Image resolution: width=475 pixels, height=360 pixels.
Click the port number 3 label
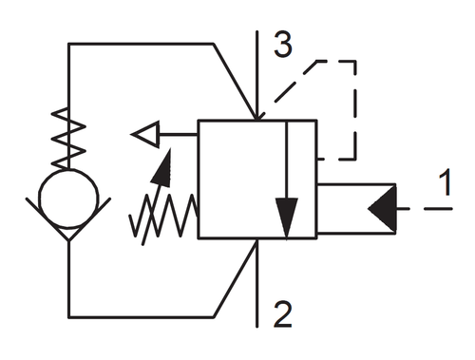(x=283, y=44)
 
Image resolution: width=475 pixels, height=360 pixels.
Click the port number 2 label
(x=283, y=313)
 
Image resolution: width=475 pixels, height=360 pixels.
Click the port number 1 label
(x=446, y=182)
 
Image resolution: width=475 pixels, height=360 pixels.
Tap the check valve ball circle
(x=68, y=199)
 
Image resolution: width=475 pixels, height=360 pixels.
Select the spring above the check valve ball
(x=68, y=139)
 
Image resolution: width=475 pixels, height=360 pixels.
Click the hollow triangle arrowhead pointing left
(x=145, y=134)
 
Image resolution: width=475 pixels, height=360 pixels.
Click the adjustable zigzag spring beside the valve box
(x=163, y=216)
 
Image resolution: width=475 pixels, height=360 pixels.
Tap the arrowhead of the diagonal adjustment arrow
(x=162, y=168)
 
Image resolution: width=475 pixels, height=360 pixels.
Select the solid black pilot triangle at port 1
(x=382, y=209)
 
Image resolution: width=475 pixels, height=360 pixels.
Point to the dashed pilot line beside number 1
(x=425, y=209)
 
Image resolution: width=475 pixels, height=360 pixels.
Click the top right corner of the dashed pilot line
(x=355, y=61)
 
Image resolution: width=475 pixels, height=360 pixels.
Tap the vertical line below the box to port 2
(x=256, y=283)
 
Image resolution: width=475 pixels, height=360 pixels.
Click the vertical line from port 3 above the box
(x=257, y=76)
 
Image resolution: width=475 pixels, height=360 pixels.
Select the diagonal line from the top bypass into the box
(x=235, y=82)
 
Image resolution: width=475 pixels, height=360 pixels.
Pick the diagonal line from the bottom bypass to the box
(x=235, y=278)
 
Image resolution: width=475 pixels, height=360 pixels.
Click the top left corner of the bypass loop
(x=68, y=44)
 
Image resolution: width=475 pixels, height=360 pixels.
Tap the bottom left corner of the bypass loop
(x=68, y=316)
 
